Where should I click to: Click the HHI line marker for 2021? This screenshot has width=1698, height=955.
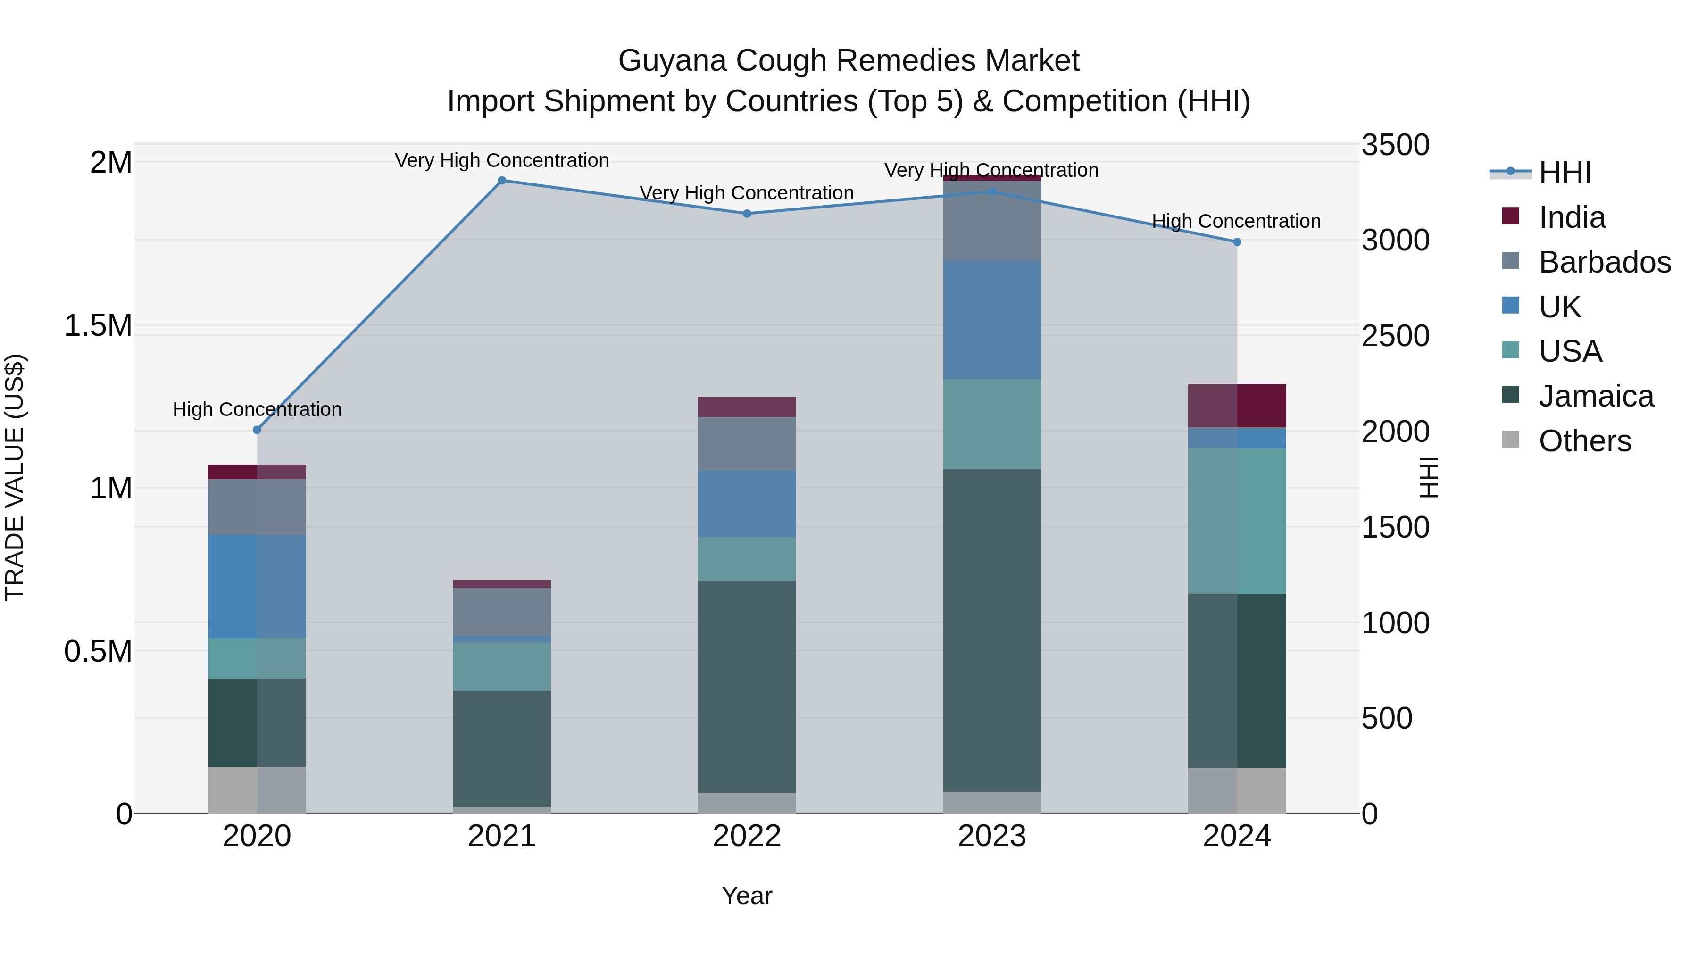(502, 181)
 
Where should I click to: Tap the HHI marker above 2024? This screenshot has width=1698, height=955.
(1237, 242)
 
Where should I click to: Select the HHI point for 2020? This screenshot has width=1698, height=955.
(257, 430)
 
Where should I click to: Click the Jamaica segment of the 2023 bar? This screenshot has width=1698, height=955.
(992, 630)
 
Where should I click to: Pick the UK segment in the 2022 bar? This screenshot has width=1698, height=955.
(747, 504)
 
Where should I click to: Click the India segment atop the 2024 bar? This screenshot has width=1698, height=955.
(1237, 406)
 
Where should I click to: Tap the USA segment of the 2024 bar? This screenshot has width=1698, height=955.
(1237, 521)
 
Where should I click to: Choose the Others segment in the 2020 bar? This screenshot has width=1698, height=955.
(257, 789)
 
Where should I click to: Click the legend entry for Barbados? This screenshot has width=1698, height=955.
(1605, 262)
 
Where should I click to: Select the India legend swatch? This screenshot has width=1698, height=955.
(1510, 216)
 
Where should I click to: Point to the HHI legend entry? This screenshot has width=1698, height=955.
(1564, 173)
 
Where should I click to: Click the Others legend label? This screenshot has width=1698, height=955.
(1585, 441)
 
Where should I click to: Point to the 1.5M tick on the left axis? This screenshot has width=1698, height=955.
(98, 325)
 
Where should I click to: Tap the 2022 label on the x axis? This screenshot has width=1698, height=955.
(747, 836)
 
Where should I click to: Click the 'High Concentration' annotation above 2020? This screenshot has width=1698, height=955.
(257, 409)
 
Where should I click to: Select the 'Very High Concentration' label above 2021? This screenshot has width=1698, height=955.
(502, 160)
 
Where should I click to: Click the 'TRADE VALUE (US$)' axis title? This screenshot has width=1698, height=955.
(15, 477)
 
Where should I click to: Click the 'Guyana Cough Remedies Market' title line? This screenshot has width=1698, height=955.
(849, 61)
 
